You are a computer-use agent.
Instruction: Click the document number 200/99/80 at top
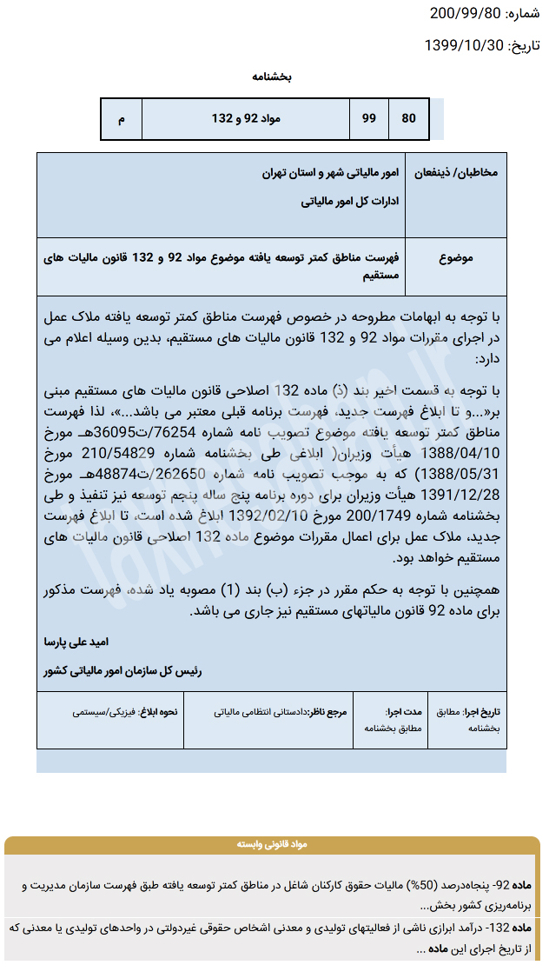tap(465, 13)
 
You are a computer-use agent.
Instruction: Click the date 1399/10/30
tap(464, 45)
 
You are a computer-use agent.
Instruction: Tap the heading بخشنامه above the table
tap(272, 77)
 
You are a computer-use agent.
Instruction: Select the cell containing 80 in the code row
tap(408, 118)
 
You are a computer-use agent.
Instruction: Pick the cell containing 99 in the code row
tap(369, 118)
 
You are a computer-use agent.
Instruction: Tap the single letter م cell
tap(121, 118)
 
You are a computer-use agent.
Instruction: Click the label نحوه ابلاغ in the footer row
tap(162, 711)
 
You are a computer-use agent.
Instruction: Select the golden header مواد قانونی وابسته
tap(272, 844)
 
